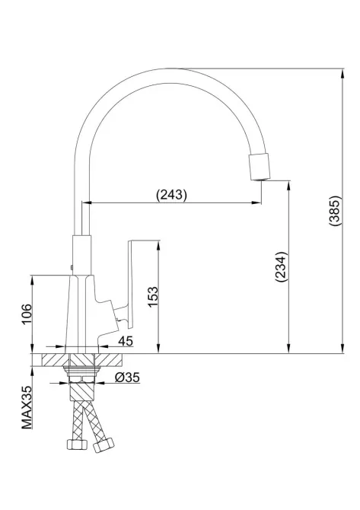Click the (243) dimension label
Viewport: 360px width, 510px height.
click(x=171, y=195)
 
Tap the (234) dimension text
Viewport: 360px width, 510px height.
click(x=279, y=267)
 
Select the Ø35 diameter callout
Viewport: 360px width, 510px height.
click(x=126, y=377)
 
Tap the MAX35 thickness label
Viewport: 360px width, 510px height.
click(x=27, y=408)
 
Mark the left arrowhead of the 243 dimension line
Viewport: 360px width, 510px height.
click(x=85, y=203)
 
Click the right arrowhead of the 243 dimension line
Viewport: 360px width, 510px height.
click(x=259, y=203)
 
